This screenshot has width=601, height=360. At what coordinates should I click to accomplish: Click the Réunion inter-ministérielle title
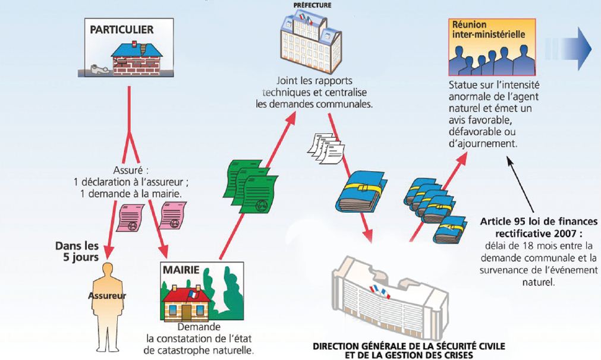(489, 29)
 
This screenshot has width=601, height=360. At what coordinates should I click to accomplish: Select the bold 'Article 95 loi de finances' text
(535, 223)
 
